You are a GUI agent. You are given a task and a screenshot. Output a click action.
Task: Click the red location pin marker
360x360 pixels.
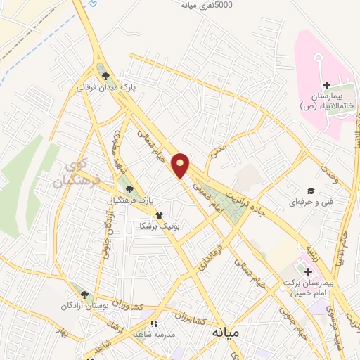pos(181,166)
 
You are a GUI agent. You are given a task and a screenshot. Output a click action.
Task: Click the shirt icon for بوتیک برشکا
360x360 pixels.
pos(159,215)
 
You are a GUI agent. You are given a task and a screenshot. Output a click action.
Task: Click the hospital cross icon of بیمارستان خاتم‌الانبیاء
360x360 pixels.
pos(326,85)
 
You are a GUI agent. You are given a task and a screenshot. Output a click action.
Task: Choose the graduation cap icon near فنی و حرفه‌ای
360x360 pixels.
pos(309,191)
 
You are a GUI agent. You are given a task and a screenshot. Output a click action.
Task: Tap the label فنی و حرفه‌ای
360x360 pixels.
pos(295,202)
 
